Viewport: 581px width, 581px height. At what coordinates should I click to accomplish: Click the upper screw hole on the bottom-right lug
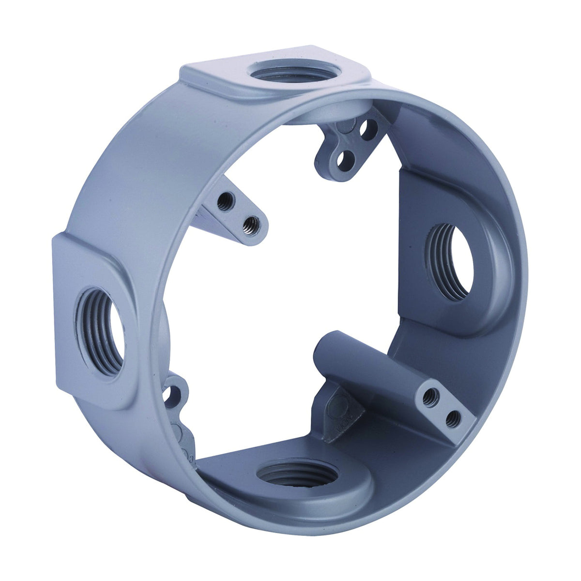coord(430,398)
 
